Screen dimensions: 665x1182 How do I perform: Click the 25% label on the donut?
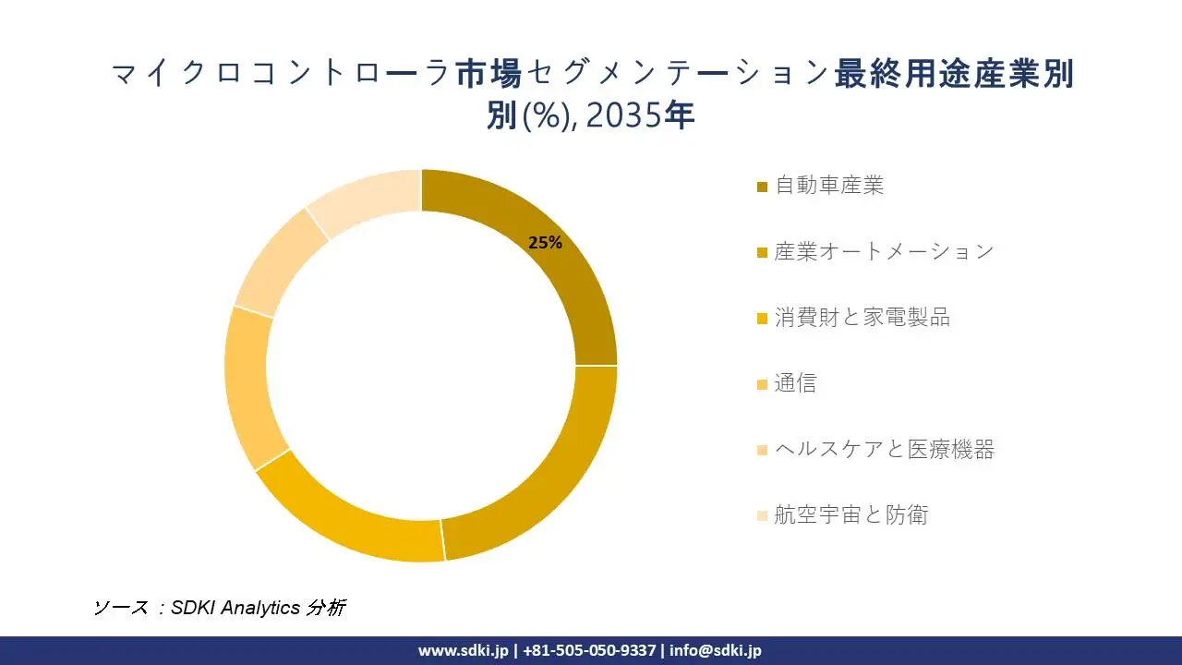(x=545, y=243)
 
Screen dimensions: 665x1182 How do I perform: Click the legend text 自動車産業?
(x=829, y=186)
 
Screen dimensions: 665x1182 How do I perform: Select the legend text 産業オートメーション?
(x=884, y=251)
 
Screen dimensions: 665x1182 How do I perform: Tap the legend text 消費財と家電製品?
(x=862, y=318)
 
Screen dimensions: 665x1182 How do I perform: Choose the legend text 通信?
(x=795, y=383)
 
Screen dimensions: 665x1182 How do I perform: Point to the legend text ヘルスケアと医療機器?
(x=884, y=450)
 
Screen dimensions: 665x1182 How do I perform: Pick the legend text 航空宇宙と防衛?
(x=850, y=515)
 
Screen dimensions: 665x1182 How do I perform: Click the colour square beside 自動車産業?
(x=762, y=187)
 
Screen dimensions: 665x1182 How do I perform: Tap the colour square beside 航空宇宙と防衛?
(x=762, y=516)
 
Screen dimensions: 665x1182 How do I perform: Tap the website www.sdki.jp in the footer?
(x=463, y=650)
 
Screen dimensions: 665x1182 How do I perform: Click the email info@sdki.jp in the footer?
(x=716, y=650)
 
